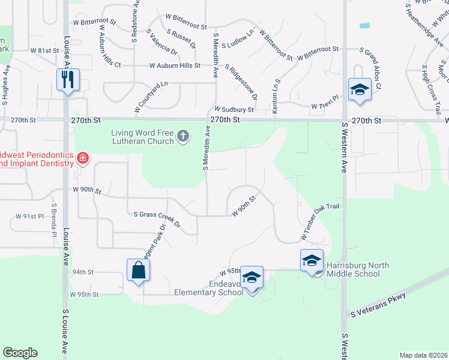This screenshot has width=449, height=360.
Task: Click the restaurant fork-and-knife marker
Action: pos(67,79)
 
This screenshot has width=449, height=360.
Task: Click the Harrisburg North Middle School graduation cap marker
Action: pos(312,260)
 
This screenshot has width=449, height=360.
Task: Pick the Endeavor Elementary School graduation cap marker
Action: pos(252,277)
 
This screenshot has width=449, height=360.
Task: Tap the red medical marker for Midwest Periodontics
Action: pos(82,159)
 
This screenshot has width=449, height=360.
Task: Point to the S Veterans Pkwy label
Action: pos(379,304)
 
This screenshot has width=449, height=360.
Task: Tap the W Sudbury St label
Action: pos(234,110)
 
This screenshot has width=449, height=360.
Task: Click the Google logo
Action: pos(20,353)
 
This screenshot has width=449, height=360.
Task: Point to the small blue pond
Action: pos(363,26)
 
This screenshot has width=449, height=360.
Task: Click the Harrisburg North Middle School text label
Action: pos(354,269)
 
